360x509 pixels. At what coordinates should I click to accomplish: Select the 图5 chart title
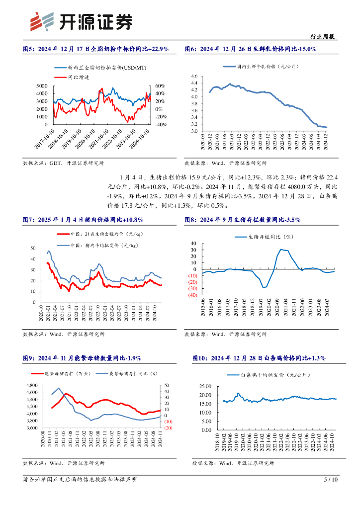[96, 49]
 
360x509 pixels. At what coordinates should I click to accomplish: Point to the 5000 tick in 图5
[43, 86]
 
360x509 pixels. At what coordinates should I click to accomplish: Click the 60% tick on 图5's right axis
[161, 86]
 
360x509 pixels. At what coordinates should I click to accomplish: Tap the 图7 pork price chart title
[83, 220]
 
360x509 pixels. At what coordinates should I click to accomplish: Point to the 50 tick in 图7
[33, 248]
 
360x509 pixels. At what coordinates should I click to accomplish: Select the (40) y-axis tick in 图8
[191, 295]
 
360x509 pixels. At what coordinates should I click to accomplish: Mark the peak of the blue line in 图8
[281, 249]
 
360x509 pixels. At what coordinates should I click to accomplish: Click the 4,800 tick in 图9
[31, 385]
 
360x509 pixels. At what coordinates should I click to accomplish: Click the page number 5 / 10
[331, 480]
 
